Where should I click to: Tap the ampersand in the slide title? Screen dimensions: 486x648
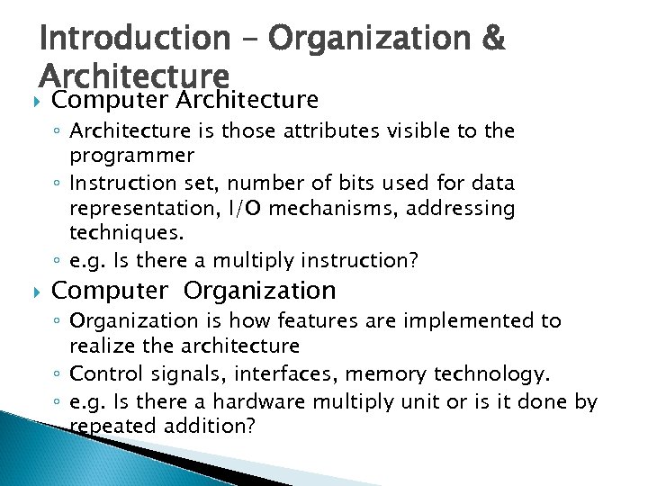click(494, 39)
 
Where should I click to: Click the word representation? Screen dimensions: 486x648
click(150, 210)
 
